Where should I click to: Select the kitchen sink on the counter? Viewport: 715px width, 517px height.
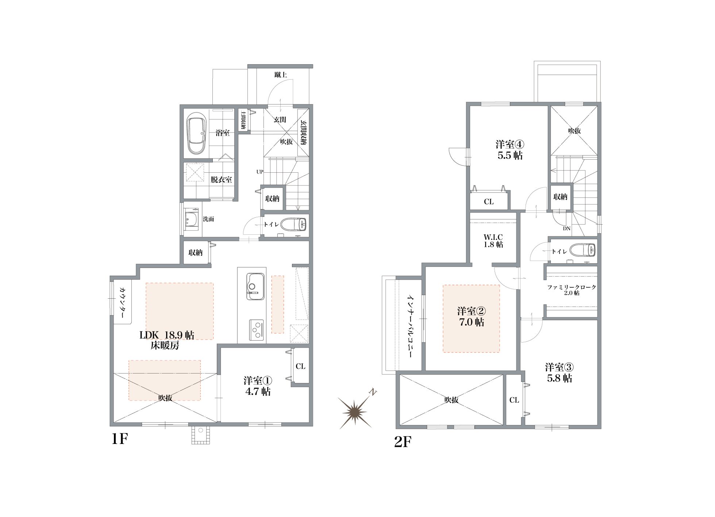[256, 286]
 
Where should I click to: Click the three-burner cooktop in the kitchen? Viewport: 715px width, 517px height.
[257, 330]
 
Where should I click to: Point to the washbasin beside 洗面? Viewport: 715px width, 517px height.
[191, 219]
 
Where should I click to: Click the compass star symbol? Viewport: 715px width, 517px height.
[355, 412]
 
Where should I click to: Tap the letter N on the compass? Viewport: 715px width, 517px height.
[373, 392]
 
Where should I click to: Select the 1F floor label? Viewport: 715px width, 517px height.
[120, 439]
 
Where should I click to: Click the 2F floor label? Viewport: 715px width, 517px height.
[403, 442]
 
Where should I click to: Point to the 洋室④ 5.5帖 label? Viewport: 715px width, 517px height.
[510, 150]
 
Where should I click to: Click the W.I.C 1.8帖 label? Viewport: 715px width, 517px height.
[493, 241]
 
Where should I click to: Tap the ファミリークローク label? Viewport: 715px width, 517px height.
[572, 287]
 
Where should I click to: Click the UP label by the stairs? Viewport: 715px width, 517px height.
[260, 172]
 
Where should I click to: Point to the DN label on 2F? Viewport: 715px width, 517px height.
[566, 229]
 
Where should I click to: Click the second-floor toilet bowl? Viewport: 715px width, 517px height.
[583, 250]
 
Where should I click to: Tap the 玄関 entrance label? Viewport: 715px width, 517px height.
[280, 119]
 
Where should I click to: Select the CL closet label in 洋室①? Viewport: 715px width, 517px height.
[301, 366]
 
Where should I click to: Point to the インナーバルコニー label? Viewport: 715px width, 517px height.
[411, 326]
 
